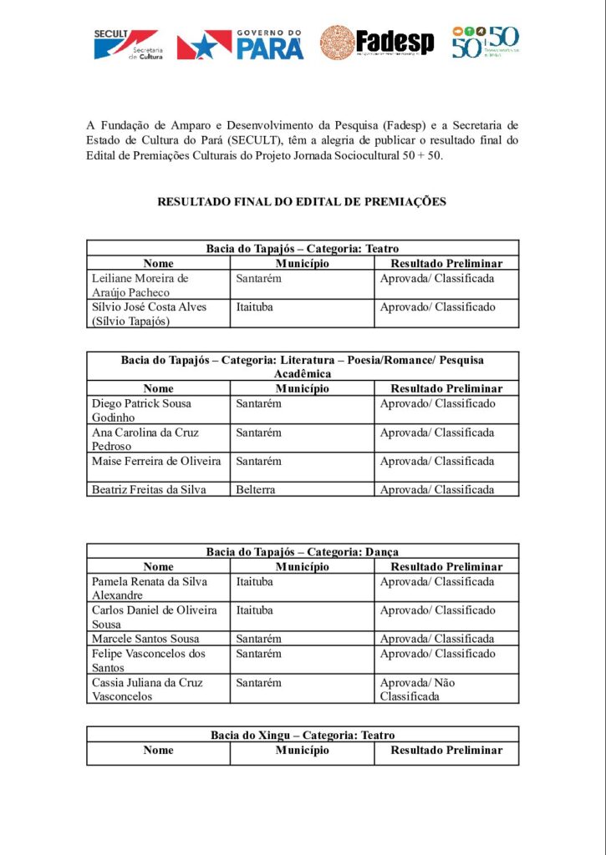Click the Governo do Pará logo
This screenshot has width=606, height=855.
240,43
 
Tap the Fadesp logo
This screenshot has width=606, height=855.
377,42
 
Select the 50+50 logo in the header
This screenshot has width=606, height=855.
485,42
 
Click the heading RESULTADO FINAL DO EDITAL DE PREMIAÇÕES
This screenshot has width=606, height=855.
302,201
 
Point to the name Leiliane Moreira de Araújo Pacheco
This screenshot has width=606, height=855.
140,286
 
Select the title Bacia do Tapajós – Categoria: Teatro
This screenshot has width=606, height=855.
303,248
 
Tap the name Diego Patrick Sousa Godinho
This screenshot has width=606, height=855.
141,410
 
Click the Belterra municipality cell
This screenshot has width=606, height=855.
256,489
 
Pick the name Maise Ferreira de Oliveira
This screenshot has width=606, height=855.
156,461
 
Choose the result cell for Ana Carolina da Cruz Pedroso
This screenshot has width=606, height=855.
436,433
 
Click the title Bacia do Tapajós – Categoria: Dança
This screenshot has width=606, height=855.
303,552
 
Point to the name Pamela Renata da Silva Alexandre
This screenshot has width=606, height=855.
150,588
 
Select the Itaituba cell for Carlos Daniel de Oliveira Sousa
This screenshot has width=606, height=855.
255,610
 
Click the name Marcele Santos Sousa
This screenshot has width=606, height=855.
145,639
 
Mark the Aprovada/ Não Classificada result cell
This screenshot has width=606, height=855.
418,689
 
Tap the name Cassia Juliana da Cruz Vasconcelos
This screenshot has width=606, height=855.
147,689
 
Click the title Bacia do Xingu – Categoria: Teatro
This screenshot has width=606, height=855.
303,735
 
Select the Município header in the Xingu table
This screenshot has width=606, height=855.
303,750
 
